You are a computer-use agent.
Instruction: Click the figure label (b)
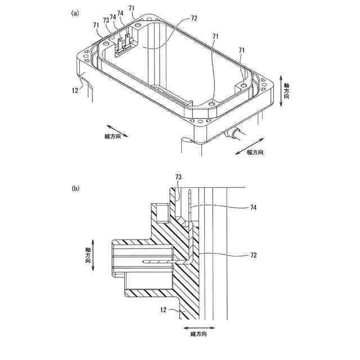click(x=75, y=188)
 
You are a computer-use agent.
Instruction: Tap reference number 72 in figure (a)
click(x=194, y=19)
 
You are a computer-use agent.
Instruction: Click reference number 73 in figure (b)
click(x=179, y=177)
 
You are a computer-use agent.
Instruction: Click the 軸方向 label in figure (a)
click(x=287, y=87)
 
